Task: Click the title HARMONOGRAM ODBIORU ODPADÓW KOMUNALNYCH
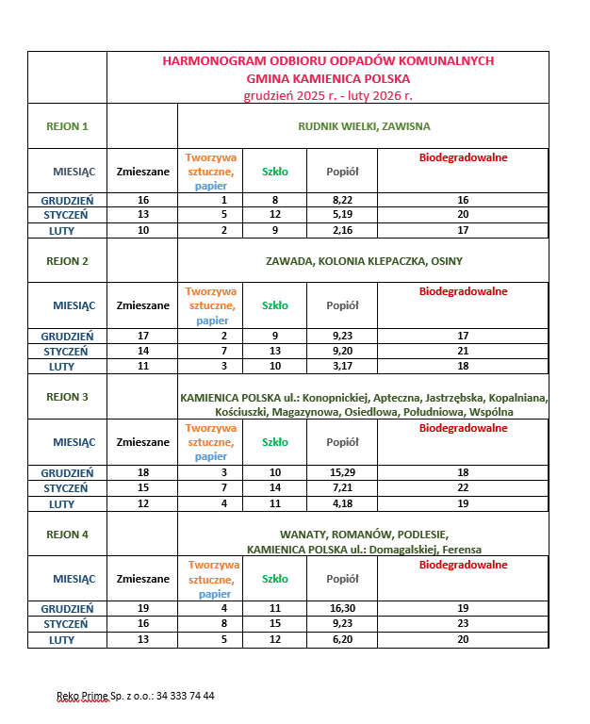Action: point(328,61)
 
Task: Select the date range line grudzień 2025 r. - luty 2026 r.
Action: point(328,95)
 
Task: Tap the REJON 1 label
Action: point(67,126)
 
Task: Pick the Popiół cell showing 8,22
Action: point(342,201)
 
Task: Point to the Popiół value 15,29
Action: point(342,472)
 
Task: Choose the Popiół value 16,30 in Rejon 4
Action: point(342,609)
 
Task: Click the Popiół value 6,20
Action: point(342,640)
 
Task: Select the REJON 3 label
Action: point(67,397)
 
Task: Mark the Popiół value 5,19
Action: point(342,215)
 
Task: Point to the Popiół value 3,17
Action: point(342,366)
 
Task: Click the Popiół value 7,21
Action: point(342,488)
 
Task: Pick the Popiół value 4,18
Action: point(342,503)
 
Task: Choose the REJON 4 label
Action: point(67,535)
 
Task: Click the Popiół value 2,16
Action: point(342,230)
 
